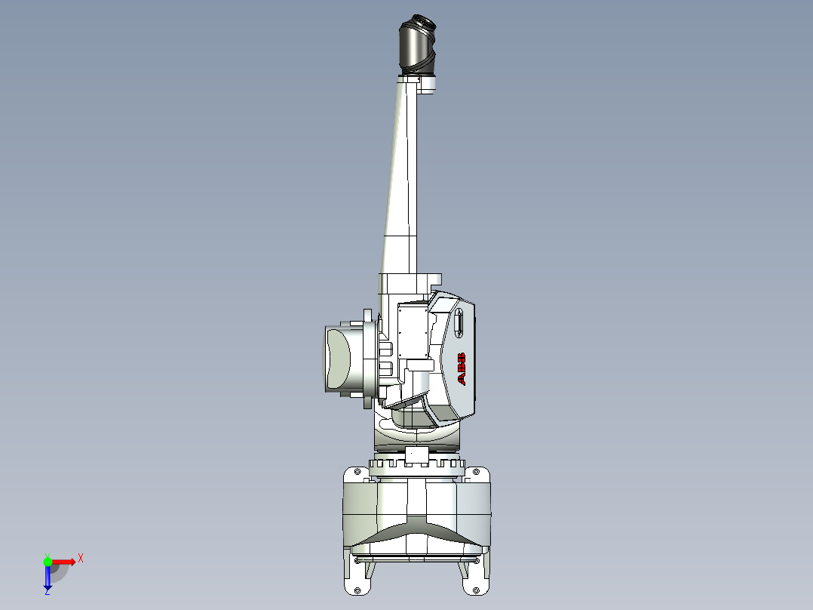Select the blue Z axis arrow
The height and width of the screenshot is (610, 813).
[x=48, y=577]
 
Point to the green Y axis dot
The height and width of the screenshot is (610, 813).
[x=48, y=561]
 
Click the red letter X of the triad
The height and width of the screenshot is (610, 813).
[x=81, y=558]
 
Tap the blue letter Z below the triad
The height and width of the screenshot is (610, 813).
[x=47, y=592]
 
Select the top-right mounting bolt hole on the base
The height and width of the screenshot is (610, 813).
[x=476, y=473]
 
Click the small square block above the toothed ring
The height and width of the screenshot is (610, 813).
[x=416, y=456]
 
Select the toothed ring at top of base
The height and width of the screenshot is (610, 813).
[x=416, y=464]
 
